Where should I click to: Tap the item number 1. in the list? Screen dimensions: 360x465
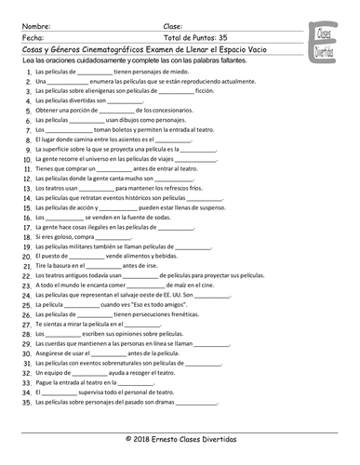[x=29, y=71]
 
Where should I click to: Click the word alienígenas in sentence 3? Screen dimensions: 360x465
[x=100, y=93]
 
